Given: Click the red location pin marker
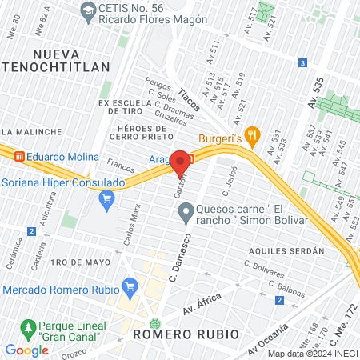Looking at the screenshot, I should click(180, 162).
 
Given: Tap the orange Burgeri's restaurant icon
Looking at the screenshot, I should click(253, 135).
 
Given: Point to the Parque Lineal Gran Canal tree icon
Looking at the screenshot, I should click(28, 329).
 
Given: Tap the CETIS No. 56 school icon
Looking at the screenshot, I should click(87, 10).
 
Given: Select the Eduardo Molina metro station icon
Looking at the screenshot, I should click(18, 157).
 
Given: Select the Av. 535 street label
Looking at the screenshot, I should click(318, 92).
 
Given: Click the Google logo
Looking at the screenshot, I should click(26, 350).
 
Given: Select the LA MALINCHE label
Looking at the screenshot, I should click(31, 131).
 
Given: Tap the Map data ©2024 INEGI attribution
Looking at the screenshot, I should click(311, 354).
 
